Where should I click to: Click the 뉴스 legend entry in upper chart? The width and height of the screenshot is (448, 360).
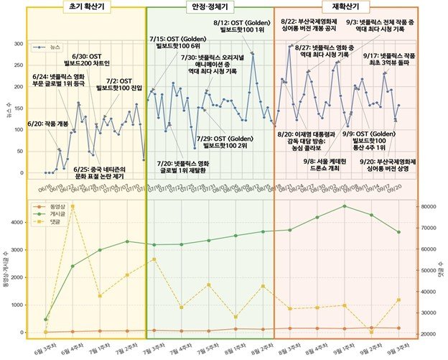coord(48,47)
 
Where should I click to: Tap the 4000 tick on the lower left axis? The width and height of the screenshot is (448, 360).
coord(17,223)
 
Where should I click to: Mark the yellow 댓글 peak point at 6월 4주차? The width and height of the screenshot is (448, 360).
coord(73,206)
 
